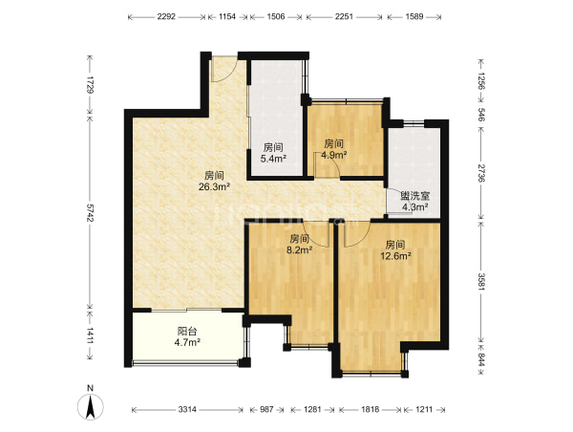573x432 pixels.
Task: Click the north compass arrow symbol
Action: click(x=91, y=406)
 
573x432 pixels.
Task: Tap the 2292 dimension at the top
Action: click(x=166, y=16)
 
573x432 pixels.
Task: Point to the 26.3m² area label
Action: click(x=214, y=187)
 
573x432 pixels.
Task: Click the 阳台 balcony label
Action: click(x=187, y=332)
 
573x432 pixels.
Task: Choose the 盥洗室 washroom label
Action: click(x=414, y=196)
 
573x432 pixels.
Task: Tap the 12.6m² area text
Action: click(x=395, y=256)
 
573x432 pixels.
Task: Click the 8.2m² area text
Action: click(x=299, y=250)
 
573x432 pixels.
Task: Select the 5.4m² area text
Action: click(x=273, y=159)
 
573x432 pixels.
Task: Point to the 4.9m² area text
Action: click(x=334, y=155)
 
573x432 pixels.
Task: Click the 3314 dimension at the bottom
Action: click(x=187, y=409)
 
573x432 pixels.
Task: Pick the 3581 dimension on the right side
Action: click(x=481, y=282)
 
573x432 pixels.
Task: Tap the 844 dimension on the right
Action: click(x=481, y=360)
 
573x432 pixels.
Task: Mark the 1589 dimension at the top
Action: click(x=414, y=16)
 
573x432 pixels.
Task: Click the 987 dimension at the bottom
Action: click(x=266, y=409)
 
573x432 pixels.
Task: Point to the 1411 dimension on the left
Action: click(x=90, y=335)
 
